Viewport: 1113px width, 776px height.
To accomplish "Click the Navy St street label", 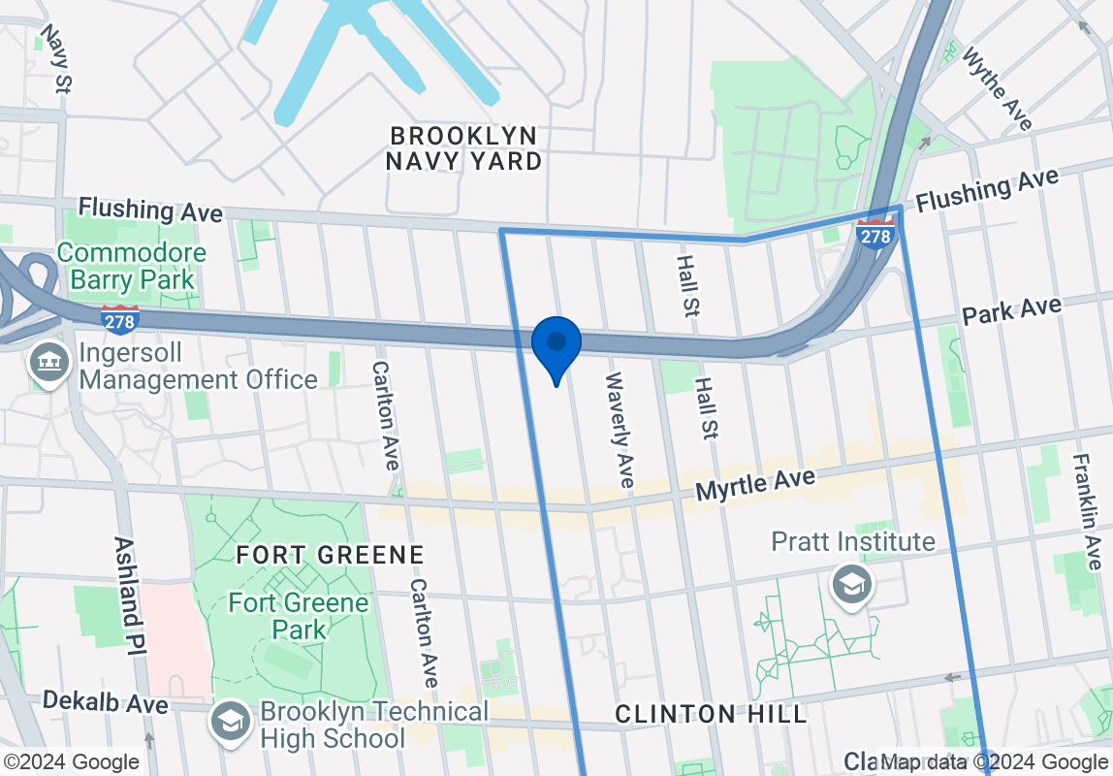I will pyautogui.click(x=55, y=59).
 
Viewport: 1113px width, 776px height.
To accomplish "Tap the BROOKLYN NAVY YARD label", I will pyautogui.click(x=463, y=148).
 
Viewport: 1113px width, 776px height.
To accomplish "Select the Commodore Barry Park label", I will pyautogui.click(x=132, y=267).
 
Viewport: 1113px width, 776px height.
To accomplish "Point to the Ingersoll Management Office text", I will pyautogui.click(x=198, y=365).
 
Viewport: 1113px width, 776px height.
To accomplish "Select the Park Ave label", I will pyautogui.click(x=1011, y=311).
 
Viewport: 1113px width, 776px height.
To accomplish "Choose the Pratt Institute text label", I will pyautogui.click(x=853, y=541).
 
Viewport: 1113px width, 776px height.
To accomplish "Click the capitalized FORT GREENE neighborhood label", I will pyautogui.click(x=331, y=555).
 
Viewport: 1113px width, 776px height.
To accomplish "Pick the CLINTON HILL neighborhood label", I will pyautogui.click(x=712, y=714).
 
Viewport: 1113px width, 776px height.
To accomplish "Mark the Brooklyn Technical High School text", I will pyautogui.click(x=374, y=725).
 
